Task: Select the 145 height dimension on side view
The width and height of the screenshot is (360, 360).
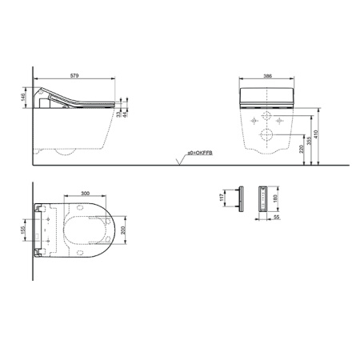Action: pyautogui.click(x=25, y=98)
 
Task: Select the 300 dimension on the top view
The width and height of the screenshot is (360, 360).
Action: pyautogui.click(x=84, y=194)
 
